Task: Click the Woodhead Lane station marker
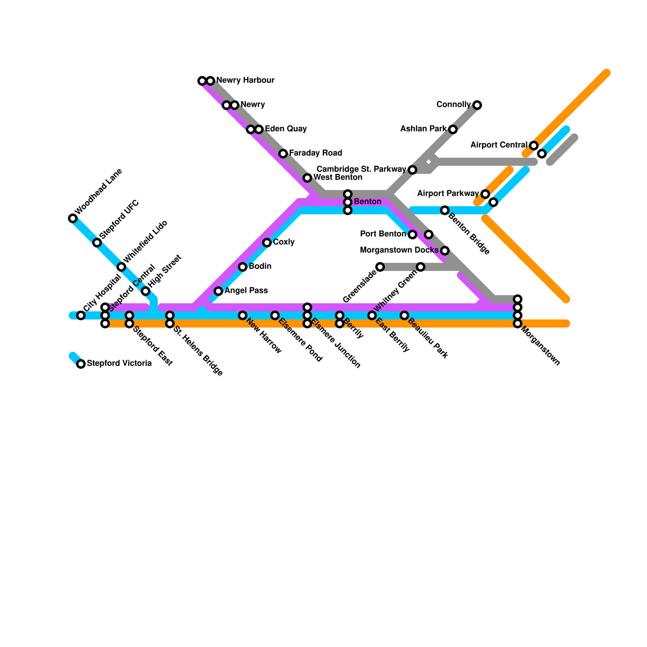click(x=73, y=218)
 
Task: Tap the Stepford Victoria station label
click(x=119, y=364)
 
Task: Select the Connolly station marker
click(x=477, y=105)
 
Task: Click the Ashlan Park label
click(x=423, y=129)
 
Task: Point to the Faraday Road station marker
click(x=283, y=154)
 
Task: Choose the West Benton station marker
click(x=307, y=178)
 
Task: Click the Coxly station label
click(x=283, y=242)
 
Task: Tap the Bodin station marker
click(x=243, y=267)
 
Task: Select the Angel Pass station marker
click(x=218, y=291)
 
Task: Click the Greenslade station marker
click(x=380, y=267)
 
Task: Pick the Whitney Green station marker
click(x=421, y=267)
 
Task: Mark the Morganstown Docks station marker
click(x=445, y=251)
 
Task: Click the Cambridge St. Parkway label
click(x=361, y=169)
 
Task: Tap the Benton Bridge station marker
click(x=445, y=210)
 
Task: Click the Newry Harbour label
click(x=245, y=80)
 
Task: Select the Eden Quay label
click(x=285, y=129)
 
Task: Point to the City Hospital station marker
click(x=81, y=315)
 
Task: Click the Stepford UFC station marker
click(x=97, y=243)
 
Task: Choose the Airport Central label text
click(x=499, y=145)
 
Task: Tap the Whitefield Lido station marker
click(x=121, y=267)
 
